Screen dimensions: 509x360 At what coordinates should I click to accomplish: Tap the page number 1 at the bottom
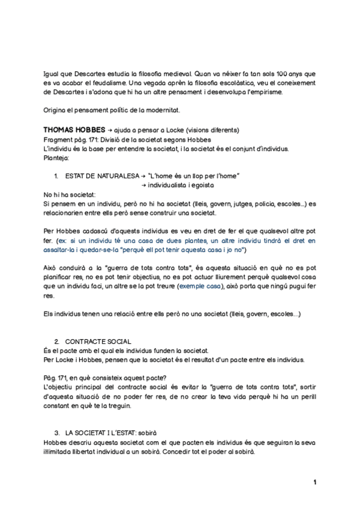(x=314, y=482)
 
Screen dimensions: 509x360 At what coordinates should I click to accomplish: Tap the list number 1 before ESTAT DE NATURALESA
(x=55, y=176)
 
